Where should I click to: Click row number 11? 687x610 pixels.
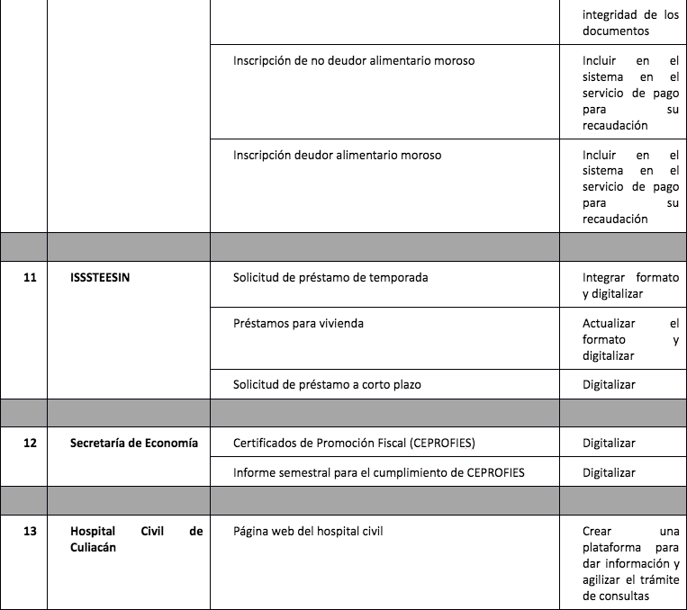pyautogui.click(x=30, y=278)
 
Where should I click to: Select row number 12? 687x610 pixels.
pyautogui.click(x=30, y=443)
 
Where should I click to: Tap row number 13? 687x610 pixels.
pyautogui.click(x=30, y=532)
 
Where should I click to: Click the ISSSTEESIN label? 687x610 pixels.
pyautogui.click(x=100, y=278)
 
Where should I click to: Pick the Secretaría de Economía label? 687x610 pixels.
pyautogui.click(x=134, y=443)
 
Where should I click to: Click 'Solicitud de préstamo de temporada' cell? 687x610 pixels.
pyautogui.click(x=330, y=278)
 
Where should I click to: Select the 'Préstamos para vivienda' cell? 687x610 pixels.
pyautogui.click(x=298, y=323)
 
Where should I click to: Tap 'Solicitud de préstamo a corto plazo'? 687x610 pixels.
pyautogui.click(x=327, y=384)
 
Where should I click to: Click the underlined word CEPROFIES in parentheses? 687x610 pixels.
pyautogui.click(x=442, y=443)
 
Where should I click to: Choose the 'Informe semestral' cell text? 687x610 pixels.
pyautogui.click(x=378, y=472)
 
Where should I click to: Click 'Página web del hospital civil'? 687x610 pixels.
pyautogui.click(x=308, y=532)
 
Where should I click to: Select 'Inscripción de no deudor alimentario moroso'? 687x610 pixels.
pyautogui.click(x=354, y=60)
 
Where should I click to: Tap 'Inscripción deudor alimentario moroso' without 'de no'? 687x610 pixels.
pyautogui.click(x=337, y=155)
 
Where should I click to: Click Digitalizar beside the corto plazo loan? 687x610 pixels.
pyautogui.click(x=609, y=384)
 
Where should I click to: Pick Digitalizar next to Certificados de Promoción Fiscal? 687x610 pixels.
pyautogui.click(x=609, y=443)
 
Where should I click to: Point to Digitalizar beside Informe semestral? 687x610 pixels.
pyautogui.click(x=609, y=472)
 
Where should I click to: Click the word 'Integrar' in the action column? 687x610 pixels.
pyautogui.click(x=605, y=278)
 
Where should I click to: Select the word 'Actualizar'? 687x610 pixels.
pyautogui.click(x=609, y=323)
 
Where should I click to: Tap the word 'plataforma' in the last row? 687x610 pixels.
pyautogui.click(x=614, y=547)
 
